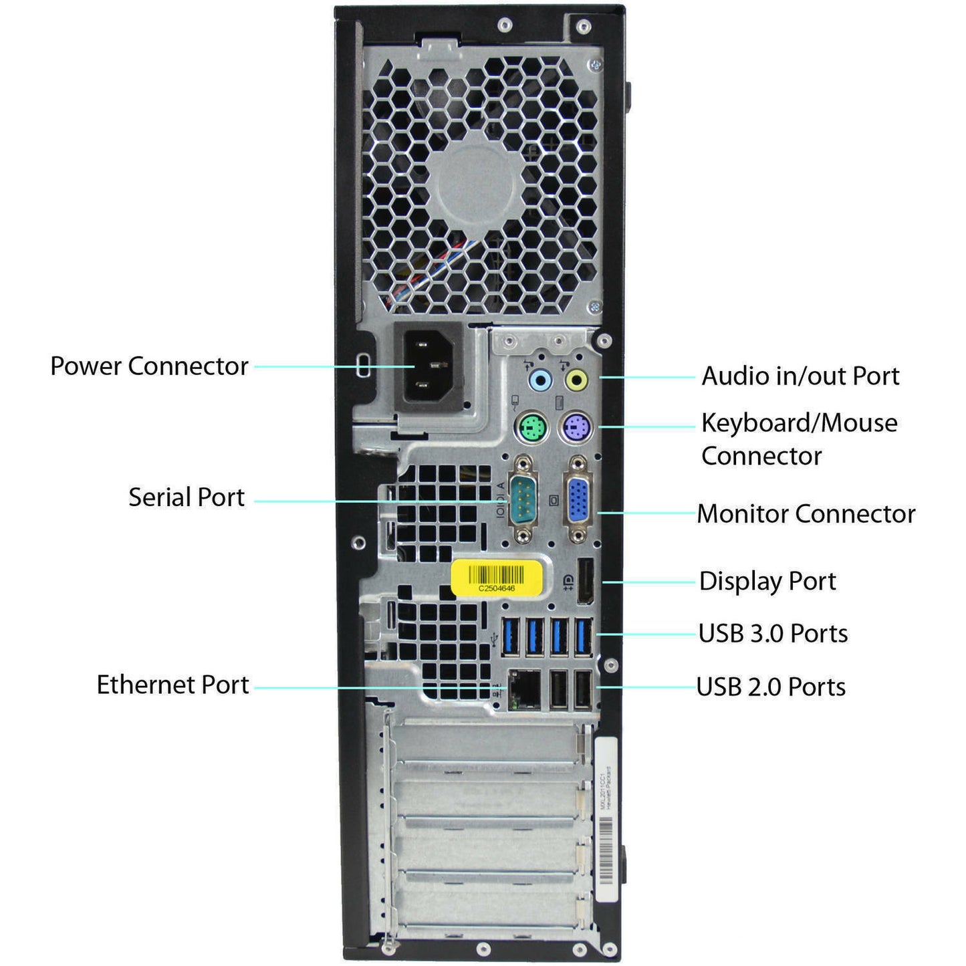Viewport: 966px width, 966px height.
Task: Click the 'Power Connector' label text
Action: coord(149,366)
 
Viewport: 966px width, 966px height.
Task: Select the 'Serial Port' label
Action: coord(187,497)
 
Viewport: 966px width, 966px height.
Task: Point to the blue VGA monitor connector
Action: coord(578,499)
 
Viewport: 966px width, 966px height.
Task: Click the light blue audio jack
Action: coord(539,381)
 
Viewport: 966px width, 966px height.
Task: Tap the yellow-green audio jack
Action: coord(576,381)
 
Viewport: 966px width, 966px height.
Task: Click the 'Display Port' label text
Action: coord(767,581)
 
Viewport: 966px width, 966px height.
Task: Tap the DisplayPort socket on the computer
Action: coord(585,580)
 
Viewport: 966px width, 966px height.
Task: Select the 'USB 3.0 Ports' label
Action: coord(773,633)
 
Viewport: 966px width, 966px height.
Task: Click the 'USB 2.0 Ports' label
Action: coord(771,687)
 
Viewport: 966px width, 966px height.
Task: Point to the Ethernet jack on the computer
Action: coord(525,689)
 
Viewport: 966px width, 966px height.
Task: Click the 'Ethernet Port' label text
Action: coord(172,685)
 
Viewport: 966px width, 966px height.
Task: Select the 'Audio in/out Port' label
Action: coord(800,376)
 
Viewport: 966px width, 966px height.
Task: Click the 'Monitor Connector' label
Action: coord(806,513)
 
